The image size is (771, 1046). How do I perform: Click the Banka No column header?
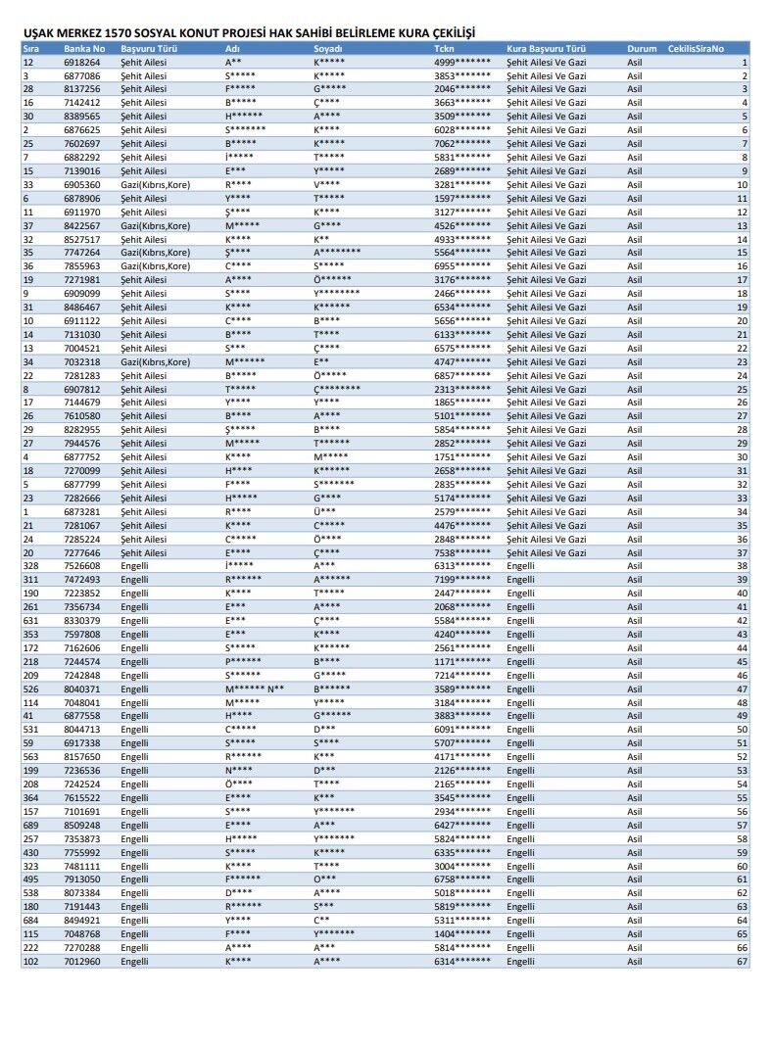point(84,48)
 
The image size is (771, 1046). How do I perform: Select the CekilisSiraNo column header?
point(697,48)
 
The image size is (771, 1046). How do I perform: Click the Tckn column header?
point(444,48)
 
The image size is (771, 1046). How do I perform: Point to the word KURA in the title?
point(401,32)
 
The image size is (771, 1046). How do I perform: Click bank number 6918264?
point(81,62)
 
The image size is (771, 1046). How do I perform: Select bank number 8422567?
point(81,225)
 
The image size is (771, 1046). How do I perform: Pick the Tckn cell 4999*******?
point(462,62)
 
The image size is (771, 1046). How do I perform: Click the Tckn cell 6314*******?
point(462,962)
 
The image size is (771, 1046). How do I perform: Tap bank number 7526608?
point(81,566)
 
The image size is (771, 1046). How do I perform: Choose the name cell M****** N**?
point(254,689)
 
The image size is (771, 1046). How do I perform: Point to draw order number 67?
point(742,962)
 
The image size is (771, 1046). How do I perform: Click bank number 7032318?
point(81,361)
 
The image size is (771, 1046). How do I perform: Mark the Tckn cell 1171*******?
point(462,661)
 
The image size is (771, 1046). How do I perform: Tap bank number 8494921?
point(81,921)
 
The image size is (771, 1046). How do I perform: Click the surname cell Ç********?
point(337,389)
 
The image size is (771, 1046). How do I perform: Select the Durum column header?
point(642,48)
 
